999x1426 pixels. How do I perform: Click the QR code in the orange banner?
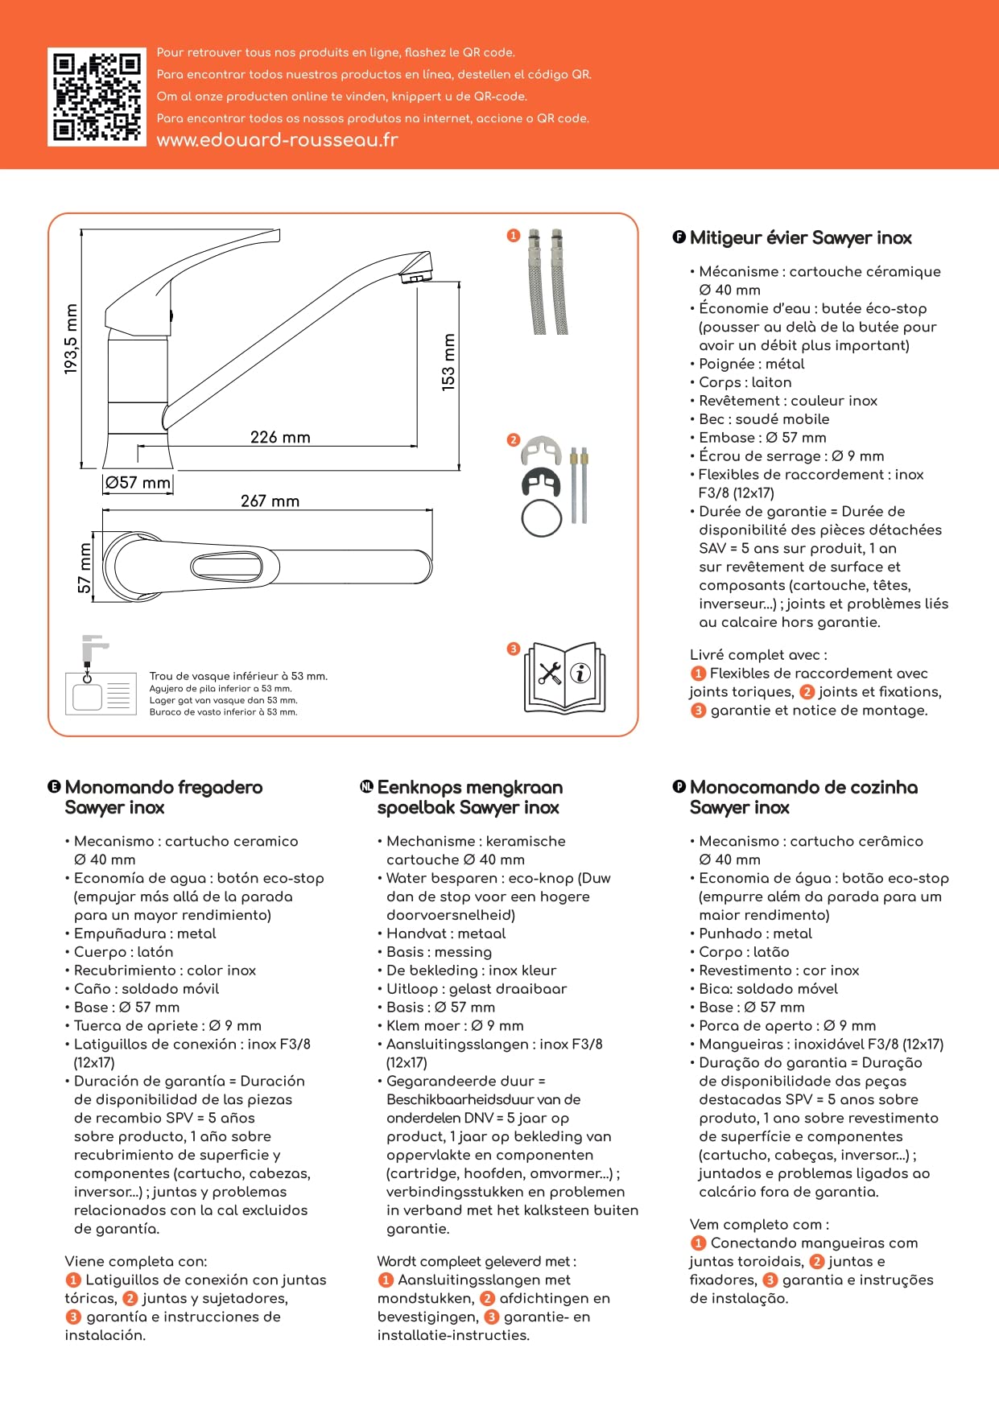tap(97, 97)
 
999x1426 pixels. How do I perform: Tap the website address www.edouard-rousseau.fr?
tap(277, 140)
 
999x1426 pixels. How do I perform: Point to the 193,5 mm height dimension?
tap(72, 339)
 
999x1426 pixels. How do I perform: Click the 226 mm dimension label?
tap(280, 438)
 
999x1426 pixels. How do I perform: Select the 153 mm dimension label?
tap(448, 362)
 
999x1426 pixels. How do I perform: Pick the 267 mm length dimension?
tap(270, 501)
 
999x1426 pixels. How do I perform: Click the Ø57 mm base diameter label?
tap(138, 483)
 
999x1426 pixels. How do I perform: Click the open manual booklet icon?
tap(564, 678)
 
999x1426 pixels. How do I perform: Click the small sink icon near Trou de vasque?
tap(98, 692)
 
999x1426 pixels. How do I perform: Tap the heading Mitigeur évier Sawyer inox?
tap(800, 238)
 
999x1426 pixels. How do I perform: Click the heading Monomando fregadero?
tap(163, 788)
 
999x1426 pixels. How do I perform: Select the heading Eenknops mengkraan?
tap(469, 788)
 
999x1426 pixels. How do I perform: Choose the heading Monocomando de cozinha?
tap(803, 788)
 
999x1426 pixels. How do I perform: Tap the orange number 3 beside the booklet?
tap(514, 649)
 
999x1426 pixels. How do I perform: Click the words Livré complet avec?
tap(758, 655)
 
